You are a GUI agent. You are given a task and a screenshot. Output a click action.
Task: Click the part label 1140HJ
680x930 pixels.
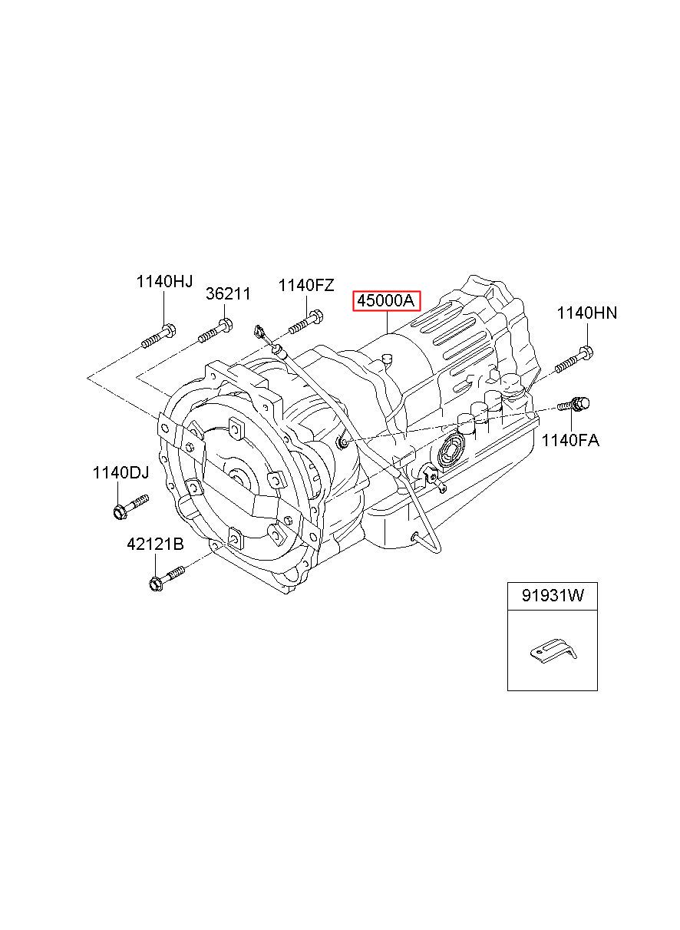(164, 282)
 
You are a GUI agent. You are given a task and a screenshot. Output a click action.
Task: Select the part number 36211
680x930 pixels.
(228, 294)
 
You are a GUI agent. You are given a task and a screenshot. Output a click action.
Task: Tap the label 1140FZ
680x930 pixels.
(305, 286)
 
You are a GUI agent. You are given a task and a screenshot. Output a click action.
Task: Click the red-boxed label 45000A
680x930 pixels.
(386, 301)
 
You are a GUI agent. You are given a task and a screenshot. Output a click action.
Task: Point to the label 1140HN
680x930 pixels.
(586, 313)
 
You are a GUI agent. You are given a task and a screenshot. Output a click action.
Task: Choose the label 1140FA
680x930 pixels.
(570, 440)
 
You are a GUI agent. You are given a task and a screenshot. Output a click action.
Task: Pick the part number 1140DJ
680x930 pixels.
(120, 473)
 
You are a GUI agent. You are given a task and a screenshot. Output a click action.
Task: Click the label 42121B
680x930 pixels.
(155, 544)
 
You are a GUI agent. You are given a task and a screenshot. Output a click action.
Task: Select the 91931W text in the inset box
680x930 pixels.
(553, 596)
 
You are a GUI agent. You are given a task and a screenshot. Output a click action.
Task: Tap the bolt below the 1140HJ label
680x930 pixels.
(159, 336)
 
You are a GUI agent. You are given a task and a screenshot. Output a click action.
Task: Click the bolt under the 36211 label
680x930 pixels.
(216, 330)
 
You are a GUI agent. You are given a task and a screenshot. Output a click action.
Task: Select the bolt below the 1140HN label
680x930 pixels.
(575, 359)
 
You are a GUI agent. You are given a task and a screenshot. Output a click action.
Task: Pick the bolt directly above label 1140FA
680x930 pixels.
(574, 404)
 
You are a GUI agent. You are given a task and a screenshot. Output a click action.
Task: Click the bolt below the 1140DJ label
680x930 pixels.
(130, 506)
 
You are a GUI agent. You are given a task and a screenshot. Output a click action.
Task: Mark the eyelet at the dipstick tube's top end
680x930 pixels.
(259, 332)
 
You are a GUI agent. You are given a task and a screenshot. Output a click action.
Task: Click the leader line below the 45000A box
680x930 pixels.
(387, 323)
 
